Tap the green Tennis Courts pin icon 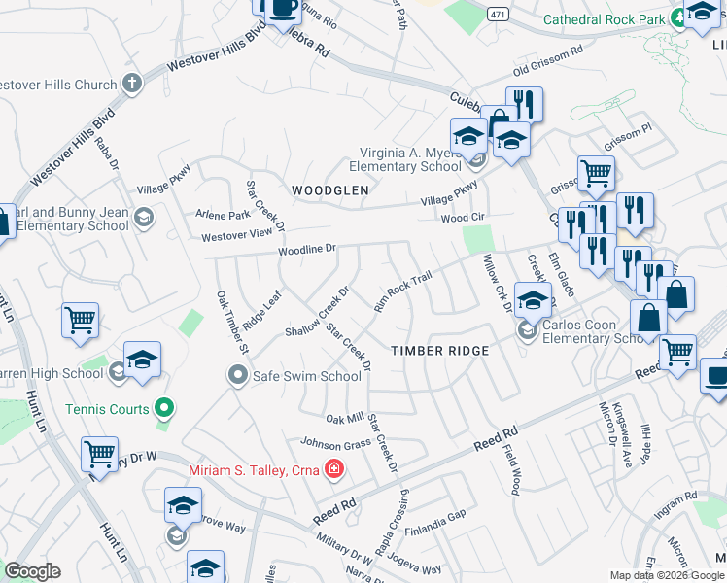(x=164, y=409)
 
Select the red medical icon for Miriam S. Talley (x=334, y=471)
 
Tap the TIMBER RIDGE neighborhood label (x=438, y=350)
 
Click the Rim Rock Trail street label (x=402, y=291)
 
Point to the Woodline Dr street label (x=307, y=249)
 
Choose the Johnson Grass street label (x=335, y=445)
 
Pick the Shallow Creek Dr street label (x=317, y=312)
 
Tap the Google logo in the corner (x=32, y=570)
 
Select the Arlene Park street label (x=225, y=215)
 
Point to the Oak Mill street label (x=344, y=419)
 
